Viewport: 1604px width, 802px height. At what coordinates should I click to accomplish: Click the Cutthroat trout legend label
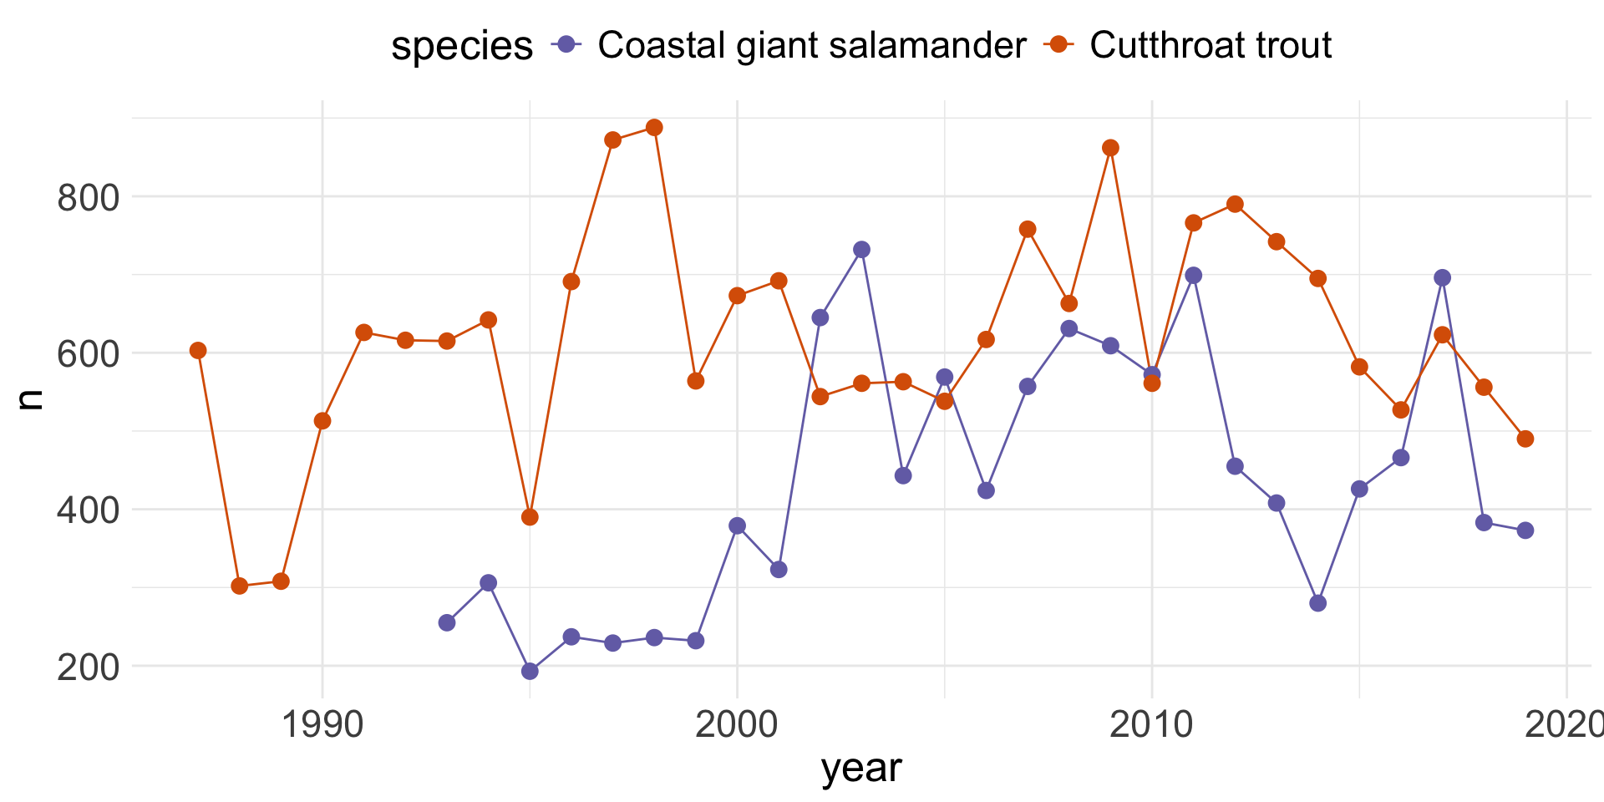tap(1210, 45)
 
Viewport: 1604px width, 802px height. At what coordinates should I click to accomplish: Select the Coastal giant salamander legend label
tap(811, 45)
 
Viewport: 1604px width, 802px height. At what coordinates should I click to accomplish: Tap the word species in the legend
tap(462, 46)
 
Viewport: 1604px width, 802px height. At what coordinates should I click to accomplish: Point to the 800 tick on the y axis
tap(88, 198)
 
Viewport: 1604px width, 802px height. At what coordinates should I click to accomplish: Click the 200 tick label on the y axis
tap(88, 667)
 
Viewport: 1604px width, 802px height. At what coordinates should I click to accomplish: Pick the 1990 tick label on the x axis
tap(322, 724)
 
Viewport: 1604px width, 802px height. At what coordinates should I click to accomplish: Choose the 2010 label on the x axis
tap(1151, 724)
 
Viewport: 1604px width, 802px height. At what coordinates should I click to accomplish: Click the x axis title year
tap(861, 767)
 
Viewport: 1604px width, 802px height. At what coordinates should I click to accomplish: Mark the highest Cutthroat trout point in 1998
tap(654, 128)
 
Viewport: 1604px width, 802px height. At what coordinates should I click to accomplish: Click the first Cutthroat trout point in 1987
tap(198, 350)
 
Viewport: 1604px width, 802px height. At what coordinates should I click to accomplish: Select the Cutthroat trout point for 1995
tap(530, 517)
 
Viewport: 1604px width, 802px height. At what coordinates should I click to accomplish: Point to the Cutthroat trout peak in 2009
tap(1110, 148)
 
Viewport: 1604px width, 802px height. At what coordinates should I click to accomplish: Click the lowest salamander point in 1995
tap(530, 671)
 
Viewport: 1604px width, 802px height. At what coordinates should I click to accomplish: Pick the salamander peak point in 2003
tap(861, 250)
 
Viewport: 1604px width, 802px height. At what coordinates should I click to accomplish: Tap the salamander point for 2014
tap(1317, 603)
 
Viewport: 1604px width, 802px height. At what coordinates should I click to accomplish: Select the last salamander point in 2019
tap(1525, 530)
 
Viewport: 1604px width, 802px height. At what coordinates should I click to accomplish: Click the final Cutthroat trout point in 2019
tap(1525, 439)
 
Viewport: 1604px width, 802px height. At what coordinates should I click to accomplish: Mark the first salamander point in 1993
tap(447, 622)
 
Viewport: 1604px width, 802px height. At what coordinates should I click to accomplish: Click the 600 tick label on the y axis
tap(88, 354)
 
